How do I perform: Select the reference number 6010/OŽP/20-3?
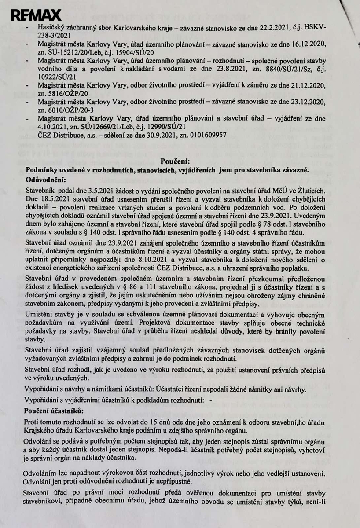tap(63, 110)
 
